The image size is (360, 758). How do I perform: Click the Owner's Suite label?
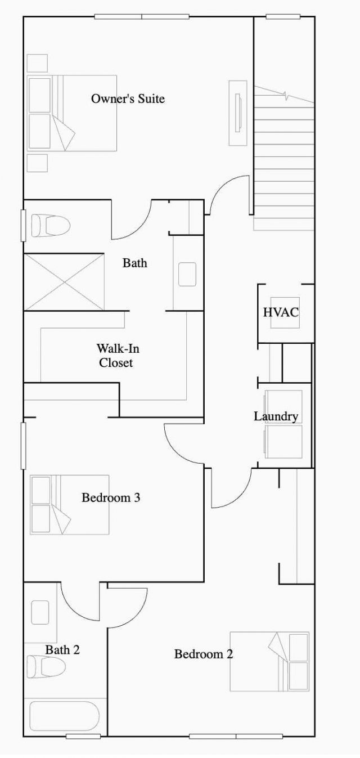[128, 99]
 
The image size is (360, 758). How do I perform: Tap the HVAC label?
[280, 312]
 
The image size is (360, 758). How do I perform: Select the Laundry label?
[276, 417]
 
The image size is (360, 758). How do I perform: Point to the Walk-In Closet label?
[118, 356]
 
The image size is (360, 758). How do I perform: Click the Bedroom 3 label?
[110, 498]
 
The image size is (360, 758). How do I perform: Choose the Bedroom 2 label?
[203, 654]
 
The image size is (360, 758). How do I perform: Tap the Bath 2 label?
[62, 650]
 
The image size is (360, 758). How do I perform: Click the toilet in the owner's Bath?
[50, 226]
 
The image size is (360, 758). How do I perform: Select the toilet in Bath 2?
[46, 667]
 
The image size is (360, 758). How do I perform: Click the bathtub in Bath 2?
[64, 716]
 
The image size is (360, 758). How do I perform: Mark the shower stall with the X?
[64, 281]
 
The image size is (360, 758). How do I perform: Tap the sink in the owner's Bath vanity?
[187, 274]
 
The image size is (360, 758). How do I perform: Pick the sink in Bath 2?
[40, 612]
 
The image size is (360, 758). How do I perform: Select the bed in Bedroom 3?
[70, 505]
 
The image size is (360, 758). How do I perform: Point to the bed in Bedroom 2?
[270, 661]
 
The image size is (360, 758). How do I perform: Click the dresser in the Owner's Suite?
[238, 113]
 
